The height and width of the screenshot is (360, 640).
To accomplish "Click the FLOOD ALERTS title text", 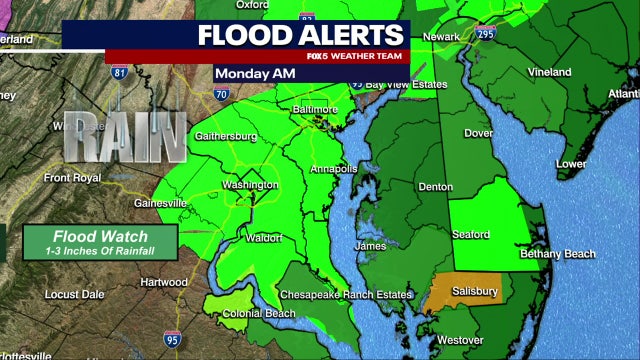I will (x=300, y=35).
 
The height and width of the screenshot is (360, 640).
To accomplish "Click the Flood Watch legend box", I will (x=101, y=241).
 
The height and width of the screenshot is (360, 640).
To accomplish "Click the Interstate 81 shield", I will (x=119, y=72).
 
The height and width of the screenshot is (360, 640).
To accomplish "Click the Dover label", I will (x=480, y=133).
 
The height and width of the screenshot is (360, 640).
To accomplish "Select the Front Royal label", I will (x=72, y=178).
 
